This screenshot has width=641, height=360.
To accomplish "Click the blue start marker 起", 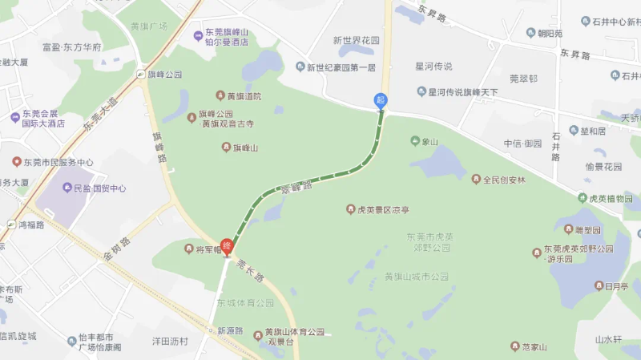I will click(x=381, y=101).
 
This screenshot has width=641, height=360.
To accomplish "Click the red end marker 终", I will click(x=227, y=246).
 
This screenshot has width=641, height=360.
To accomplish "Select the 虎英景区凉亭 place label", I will click(x=381, y=210).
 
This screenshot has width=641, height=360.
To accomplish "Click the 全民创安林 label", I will click(x=503, y=180).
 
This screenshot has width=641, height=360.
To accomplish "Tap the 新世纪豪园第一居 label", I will click(x=340, y=67).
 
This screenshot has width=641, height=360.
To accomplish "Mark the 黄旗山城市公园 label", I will click(x=416, y=277).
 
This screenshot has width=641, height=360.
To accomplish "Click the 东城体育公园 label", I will click(x=245, y=303).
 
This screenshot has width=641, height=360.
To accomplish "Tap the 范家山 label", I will click(x=533, y=346).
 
